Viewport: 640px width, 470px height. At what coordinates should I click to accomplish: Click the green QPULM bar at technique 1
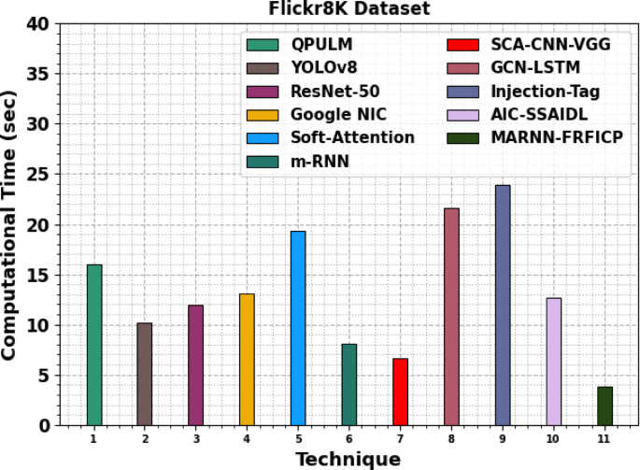[x=94, y=345]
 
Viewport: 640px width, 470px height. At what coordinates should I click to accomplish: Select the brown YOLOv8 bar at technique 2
[x=145, y=374]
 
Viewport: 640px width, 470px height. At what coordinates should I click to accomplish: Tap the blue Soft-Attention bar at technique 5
[x=298, y=328]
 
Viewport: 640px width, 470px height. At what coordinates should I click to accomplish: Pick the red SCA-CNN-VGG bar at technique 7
[x=400, y=392]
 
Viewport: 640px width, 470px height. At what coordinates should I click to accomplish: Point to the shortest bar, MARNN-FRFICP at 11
[x=604, y=406]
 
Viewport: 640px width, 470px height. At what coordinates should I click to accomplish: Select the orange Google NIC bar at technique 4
[x=247, y=360]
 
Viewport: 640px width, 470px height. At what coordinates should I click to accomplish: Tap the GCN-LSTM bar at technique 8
[x=451, y=317]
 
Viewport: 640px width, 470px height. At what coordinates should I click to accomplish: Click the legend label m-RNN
[x=314, y=161]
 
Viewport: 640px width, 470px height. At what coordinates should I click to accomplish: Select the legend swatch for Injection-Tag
[x=464, y=91]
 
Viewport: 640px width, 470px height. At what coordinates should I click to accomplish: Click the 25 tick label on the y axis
[x=40, y=175]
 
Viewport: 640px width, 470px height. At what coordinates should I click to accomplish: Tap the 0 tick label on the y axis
[x=45, y=426]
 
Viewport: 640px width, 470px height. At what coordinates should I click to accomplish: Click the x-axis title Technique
[x=348, y=459]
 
